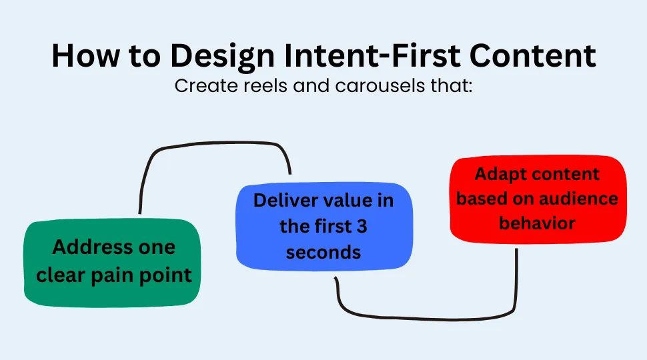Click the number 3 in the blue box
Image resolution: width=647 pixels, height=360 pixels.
coord(361,226)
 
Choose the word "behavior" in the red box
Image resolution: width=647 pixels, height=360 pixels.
coord(537,223)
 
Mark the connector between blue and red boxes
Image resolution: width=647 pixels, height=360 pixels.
coord(427,313)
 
